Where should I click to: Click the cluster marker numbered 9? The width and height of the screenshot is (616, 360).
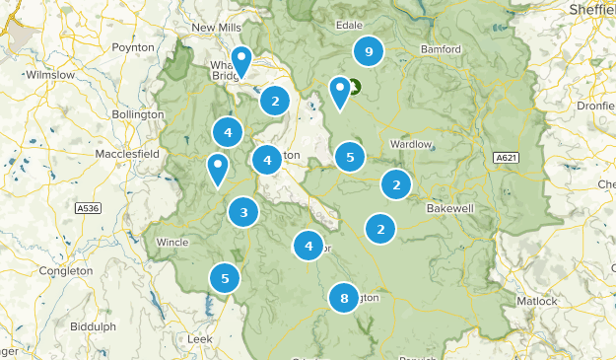click(368, 52)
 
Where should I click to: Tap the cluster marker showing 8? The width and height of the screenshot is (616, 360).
click(343, 298)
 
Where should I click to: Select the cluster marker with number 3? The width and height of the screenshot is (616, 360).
click(243, 210)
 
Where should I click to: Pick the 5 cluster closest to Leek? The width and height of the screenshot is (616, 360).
click(225, 279)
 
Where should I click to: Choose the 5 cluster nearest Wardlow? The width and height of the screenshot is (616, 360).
click(349, 156)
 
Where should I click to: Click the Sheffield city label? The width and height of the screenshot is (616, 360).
click(591, 9)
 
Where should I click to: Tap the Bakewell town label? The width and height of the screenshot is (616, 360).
click(450, 209)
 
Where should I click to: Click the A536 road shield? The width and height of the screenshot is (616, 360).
click(88, 208)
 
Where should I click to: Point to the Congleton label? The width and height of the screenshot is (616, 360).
click(65, 270)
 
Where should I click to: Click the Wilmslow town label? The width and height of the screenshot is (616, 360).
click(50, 74)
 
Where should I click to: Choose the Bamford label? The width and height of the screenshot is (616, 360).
click(440, 48)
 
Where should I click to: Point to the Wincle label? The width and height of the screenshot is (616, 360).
click(171, 242)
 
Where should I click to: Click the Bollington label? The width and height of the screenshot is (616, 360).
click(137, 114)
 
